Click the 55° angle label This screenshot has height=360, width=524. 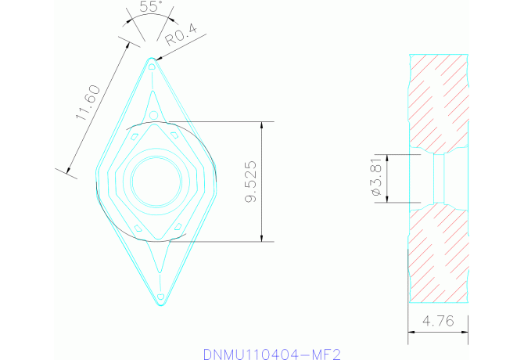point(150,7)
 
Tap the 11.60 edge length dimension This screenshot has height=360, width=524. point(88,103)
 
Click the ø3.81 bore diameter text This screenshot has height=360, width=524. point(376,179)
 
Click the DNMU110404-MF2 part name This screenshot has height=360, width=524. point(272,354)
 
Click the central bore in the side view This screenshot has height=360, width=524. point(440,179)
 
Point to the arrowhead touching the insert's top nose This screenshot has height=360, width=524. point(159,58)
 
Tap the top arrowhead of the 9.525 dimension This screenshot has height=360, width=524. point(261,126)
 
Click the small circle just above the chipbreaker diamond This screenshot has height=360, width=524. point(153,117)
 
